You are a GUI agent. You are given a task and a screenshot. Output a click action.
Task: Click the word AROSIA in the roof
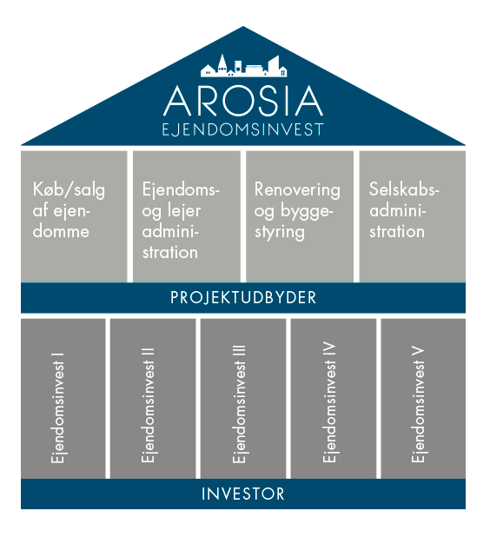(x=243, y=101)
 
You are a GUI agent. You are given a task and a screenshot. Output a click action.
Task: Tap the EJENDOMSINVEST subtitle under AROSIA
(x=242, y=129)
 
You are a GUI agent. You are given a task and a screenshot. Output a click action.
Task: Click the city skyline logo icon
(x=243, y=65)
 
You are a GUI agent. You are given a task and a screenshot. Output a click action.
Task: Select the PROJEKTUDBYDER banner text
(x=243, y=298)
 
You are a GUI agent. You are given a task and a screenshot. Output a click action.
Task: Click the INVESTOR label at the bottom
(x=243, y=494)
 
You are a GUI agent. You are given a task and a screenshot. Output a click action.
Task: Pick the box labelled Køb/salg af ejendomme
(x=74, y=216)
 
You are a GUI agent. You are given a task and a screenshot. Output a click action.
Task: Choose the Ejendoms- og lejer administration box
(x=187, y=216)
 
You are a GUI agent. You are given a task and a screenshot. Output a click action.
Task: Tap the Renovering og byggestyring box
(x=300, y=216)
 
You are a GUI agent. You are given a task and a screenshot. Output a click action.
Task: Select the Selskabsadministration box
(x=413, y=216)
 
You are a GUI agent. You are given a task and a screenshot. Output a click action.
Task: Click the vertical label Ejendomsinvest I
(x=57, y=408)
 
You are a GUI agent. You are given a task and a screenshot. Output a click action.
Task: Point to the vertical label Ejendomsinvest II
(x=148, y=405)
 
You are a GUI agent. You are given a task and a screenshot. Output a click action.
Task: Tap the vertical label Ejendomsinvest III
(x=239, y=404)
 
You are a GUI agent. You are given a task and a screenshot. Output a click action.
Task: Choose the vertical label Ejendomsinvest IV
(x=329, y=402)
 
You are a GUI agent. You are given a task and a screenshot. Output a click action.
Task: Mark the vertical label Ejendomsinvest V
(x=418, y=405)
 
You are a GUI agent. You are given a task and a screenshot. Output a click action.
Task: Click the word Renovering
(x=297, y=189)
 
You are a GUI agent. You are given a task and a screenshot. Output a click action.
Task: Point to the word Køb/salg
(x=69, y=189)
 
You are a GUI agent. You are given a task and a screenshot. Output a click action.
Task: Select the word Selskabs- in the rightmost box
(x=404, y=189)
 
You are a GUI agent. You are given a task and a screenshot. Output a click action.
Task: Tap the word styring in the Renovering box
(x=280, y=233)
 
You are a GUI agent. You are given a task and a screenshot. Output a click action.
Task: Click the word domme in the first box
(x=61, y=231)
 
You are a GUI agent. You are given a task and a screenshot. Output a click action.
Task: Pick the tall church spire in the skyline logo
(x=222, y=63)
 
